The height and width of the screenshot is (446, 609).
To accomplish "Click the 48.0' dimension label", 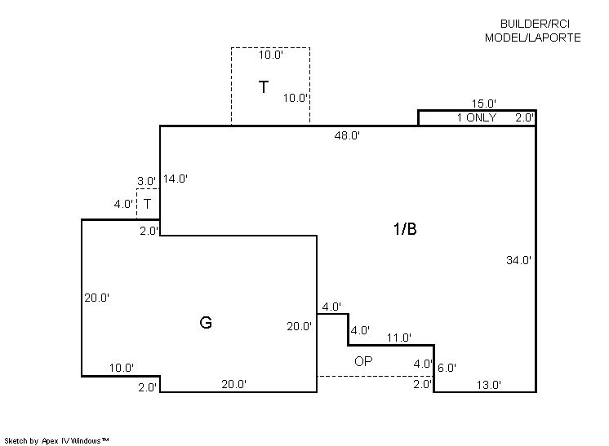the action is (347, 135).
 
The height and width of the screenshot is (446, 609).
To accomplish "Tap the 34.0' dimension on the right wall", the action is (518, 260).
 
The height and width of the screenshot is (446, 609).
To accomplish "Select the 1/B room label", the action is (405, 229).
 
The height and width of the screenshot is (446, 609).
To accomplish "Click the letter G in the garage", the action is (206, 322).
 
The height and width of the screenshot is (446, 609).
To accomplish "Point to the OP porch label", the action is (363, 361).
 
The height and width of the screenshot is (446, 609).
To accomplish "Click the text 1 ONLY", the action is (477, 117).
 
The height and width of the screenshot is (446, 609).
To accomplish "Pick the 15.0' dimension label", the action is (484, 104).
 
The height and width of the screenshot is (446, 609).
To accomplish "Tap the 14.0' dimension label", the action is (176, 179).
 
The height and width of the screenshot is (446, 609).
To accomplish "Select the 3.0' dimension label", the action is (146, 181).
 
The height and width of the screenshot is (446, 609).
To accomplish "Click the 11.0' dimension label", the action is (399, 338).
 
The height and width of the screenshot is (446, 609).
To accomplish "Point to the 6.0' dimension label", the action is (447, 368).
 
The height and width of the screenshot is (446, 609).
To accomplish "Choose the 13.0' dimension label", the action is (489, 385).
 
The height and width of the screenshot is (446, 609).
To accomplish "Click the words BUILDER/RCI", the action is (535, 24).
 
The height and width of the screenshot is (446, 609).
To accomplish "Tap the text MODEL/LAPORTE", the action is (532, 38).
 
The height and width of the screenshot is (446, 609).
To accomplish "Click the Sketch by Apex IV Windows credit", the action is (56, 441).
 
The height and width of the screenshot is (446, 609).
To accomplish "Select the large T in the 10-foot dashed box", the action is (264, 87).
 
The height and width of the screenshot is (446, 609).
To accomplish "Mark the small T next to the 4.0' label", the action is (147, 204).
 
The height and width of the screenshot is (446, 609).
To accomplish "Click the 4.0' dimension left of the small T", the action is (123, 204).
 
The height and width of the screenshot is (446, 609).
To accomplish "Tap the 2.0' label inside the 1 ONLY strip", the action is (525, 117).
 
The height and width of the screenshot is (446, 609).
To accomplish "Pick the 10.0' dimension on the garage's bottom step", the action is (122, 368).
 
